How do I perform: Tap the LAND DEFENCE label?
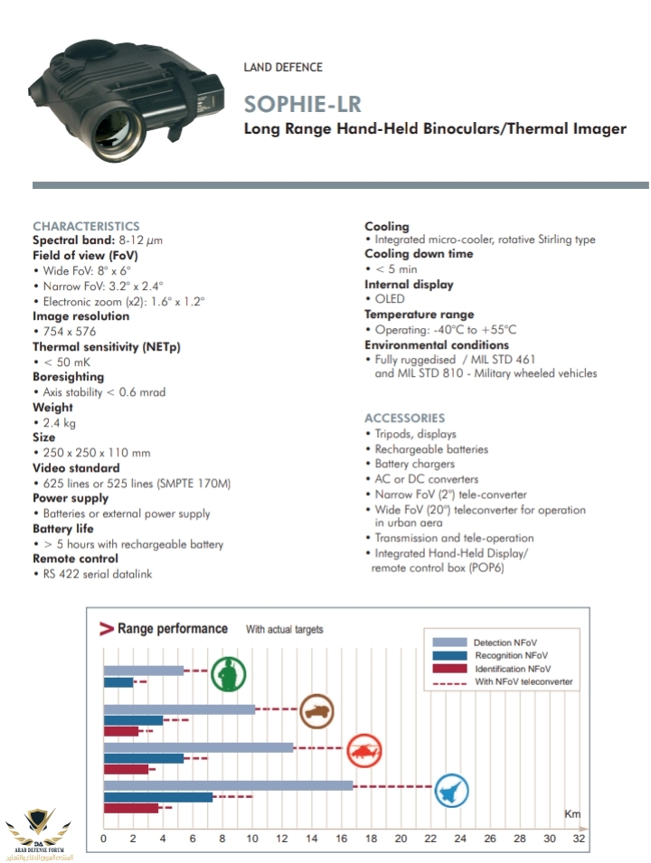point(283,67)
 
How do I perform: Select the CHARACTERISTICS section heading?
point(86,226)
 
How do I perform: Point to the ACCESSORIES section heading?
point(404,417)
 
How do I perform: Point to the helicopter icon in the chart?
point(365,748)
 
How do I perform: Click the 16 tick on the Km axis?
point(341,839)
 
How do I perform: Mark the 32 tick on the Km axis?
point(579,839)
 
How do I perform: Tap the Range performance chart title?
point(172,628)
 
